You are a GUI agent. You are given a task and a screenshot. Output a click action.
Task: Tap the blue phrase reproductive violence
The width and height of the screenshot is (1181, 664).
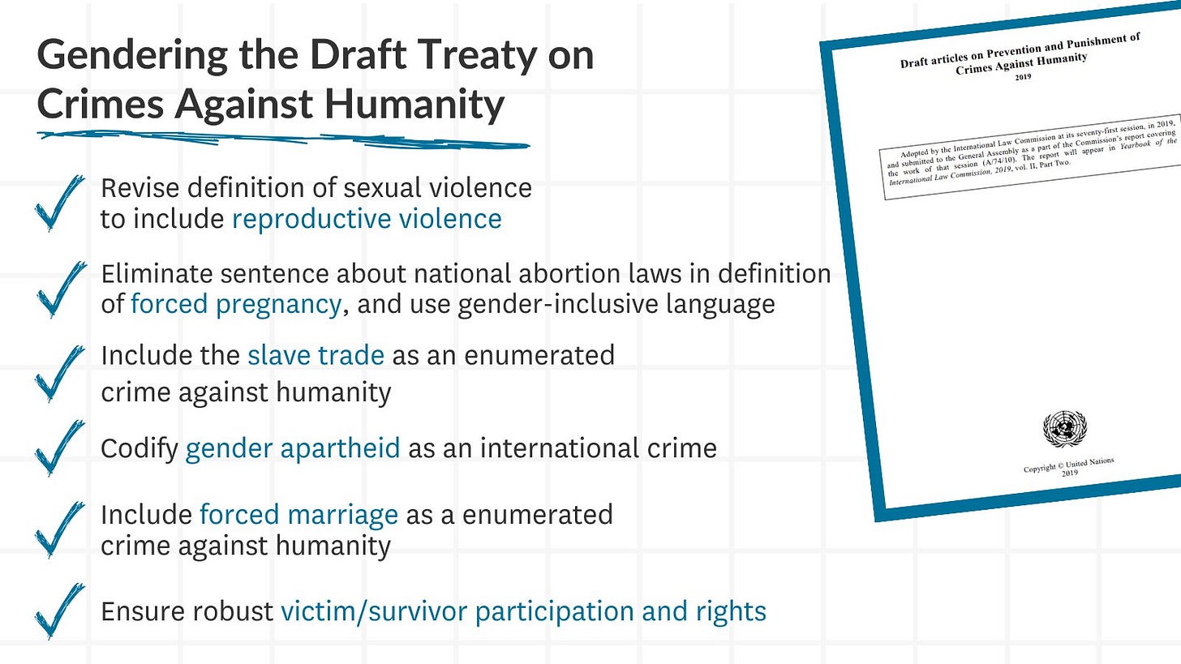click(x=367, y=219)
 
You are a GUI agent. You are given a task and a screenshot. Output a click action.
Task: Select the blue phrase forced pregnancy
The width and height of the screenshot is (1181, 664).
click(x=235, y=304)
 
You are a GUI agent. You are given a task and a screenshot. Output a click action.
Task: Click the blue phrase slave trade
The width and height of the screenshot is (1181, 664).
click(x=316, y=355)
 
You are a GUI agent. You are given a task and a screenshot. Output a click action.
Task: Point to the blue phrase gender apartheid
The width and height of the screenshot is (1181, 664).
click(x=292, y=448)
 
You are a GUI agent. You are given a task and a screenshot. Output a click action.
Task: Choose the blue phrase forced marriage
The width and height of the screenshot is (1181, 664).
click(x=298, y=514)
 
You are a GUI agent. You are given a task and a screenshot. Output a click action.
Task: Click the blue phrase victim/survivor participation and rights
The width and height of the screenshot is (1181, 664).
click(x=523, y=611)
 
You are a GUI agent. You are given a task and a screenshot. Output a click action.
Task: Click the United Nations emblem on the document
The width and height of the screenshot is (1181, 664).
click(x=1065, y=430)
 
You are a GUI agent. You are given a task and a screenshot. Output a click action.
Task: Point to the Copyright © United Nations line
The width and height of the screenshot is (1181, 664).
click(x=1069, y=465)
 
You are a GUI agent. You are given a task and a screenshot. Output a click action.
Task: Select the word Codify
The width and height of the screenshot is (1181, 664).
click(x=140, y=448)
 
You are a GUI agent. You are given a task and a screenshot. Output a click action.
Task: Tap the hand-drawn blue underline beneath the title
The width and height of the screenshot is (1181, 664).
click(x=284, y=139)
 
